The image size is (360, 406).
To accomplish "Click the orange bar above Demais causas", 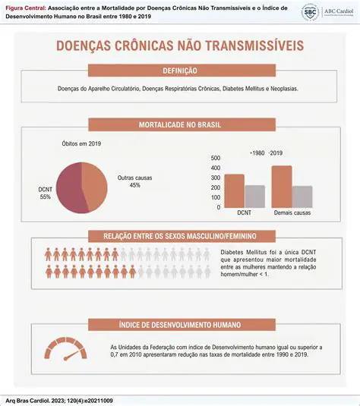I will point(281,186).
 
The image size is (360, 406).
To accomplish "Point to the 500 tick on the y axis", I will point(215,158).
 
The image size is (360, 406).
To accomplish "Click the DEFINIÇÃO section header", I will point(180,71).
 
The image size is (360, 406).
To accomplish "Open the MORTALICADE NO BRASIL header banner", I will point(180,124).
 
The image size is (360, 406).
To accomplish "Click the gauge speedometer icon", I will point(65,348).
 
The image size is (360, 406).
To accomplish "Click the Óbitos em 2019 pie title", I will point(81,143).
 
